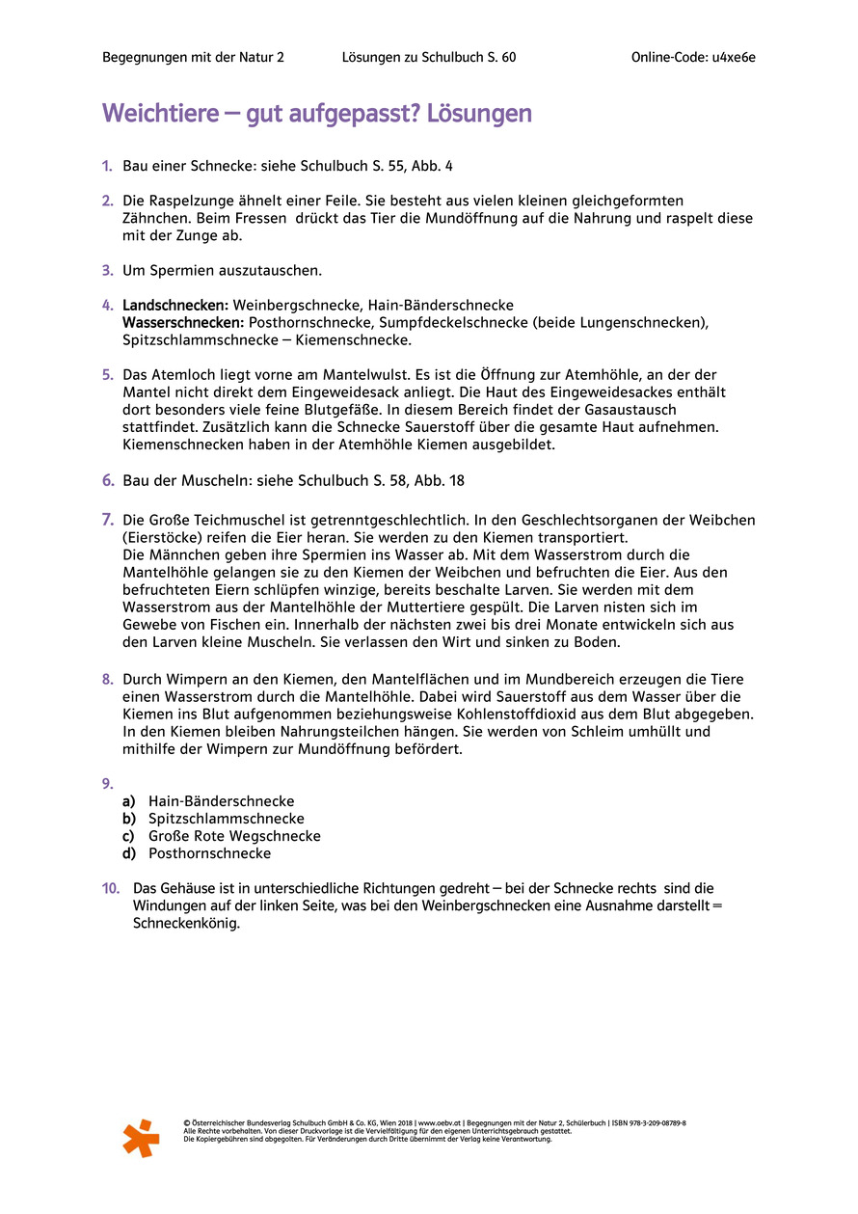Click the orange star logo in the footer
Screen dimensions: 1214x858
click(x=141, y=1138)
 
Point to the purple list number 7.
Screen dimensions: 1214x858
click(x=108, y=520)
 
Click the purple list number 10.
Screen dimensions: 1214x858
click(x=111, y=888)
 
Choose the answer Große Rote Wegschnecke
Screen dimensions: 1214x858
click(x=234, y=836)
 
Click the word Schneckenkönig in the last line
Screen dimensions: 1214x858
click(x=186, y=923)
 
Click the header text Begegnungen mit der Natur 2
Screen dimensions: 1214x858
click(x=193, y=57)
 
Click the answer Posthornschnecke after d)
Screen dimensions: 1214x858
click(x=209, y=853)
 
